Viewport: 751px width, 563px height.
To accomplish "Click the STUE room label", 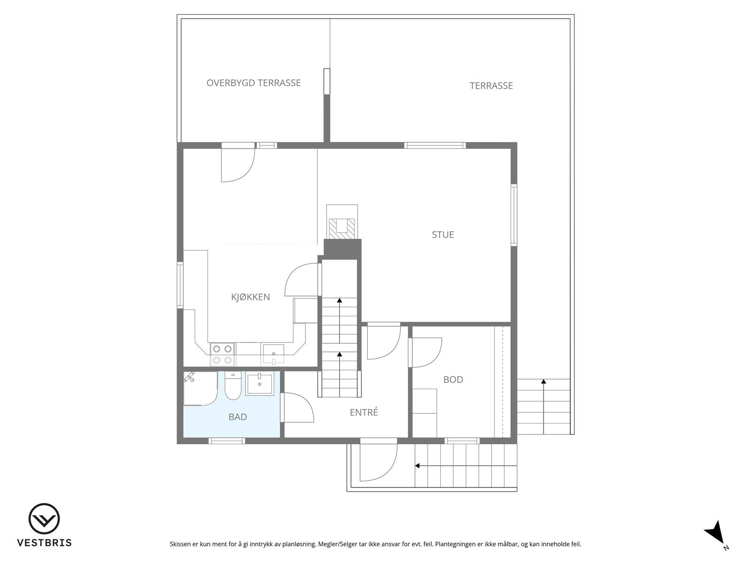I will coord(443,235).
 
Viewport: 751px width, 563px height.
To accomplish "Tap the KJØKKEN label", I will coord(250,297).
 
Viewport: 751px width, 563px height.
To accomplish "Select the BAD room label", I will coord(238,417).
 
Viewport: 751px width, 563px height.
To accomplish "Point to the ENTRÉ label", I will coord(364,413).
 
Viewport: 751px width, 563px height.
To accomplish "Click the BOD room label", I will coord(453,380).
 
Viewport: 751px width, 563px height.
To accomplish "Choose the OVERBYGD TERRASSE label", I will coord(253,83).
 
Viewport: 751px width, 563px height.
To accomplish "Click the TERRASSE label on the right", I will coord(491,86).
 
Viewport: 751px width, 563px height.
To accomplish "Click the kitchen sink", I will coord(273,354).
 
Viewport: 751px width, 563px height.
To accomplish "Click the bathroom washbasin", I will coord(260,384).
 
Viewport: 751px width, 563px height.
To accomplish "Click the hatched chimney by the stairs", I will coord(342,227).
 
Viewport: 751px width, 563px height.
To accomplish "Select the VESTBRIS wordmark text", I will coord(44,543).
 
